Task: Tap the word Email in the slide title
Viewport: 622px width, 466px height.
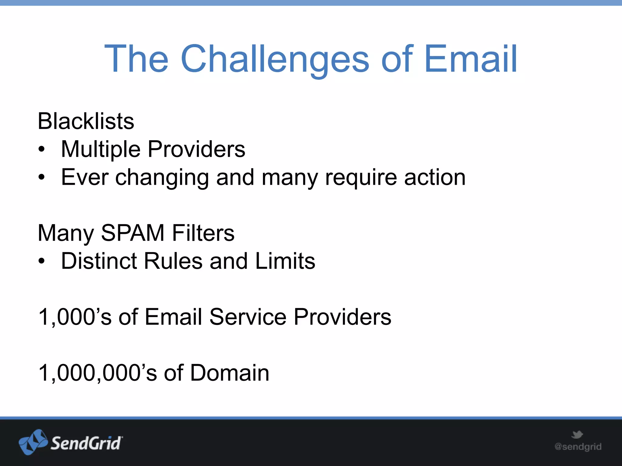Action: tap(470, 59)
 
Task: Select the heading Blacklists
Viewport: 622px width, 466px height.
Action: tap(86, 121)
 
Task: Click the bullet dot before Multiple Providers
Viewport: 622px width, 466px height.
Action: tap(42, 149)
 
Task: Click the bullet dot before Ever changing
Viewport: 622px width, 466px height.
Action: tap(42, 177)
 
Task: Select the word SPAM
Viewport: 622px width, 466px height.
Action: tap(133, 233)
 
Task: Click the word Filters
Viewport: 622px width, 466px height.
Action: tap(203, 233)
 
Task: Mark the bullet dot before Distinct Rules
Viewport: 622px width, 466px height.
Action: tap(42, 261)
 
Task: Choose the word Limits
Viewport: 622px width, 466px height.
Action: tap(285, 261)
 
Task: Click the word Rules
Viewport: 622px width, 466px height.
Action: tap(173, 261)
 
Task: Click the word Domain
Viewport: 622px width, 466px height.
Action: tap(230, 373)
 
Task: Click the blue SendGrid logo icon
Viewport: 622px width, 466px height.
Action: tap(33, 442)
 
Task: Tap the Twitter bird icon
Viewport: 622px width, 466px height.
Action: tap(577, 434)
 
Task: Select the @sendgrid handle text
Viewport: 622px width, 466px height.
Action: tap(578, 447)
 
